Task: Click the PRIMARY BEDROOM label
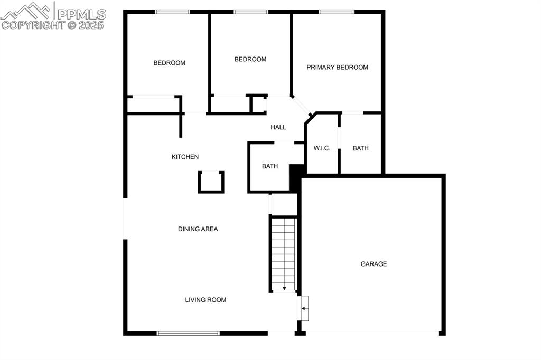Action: click(x=337, y=67)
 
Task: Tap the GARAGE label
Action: click(x=374, y=264)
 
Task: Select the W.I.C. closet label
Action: click(x=322, y=148)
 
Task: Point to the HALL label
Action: click(x=278, y=127)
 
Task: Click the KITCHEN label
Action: click(x=185, y=157)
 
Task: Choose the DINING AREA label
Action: click(x=198, y=229)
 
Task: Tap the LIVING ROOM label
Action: click(x=206, y=300)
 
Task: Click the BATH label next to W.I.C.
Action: click(x=360, y=148)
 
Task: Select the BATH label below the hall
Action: click(x=270, y=166)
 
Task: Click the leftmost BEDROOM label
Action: click(x=169, y=63)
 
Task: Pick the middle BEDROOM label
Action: click(x=250, y=59)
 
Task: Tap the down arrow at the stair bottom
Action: click(x=284, y=288)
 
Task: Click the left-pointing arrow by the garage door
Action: click(x=304, y=308)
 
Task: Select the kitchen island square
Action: click(x=211, y=182)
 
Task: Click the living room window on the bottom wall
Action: click(x=188, y=333)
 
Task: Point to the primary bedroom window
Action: click(x=336, y=12)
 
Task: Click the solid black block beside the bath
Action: click(x=296, y=177)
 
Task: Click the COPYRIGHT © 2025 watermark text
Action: click(x=53, y=25)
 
